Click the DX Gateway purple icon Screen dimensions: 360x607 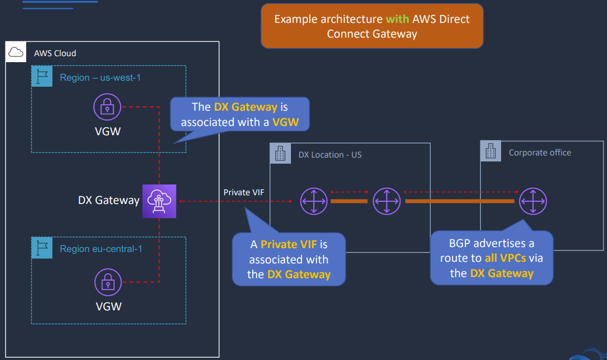click(160, 201)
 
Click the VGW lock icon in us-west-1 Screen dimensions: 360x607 click(108, 107)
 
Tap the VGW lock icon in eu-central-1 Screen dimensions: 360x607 click(108, 282)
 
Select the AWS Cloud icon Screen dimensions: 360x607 click(16, 52)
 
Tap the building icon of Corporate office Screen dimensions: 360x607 click(490, 151)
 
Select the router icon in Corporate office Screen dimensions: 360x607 click(533, 201)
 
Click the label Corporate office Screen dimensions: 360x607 click(540, 153)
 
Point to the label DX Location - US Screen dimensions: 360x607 click(330, 155)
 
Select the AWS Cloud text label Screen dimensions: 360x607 click(55, 53)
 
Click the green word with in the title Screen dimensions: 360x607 click(397, 19)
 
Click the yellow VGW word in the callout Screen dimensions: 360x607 click(285, 122)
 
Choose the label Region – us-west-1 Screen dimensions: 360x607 click(100, 77)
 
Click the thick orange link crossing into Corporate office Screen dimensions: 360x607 click(459, 201)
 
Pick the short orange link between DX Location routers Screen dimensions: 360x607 click(349, 201)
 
